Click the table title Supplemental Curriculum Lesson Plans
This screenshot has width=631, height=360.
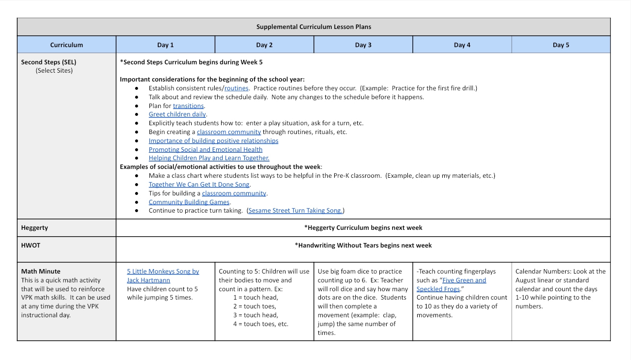point(314,27)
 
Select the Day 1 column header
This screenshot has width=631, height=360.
point(165,45)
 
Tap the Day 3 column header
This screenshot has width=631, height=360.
point(363,45)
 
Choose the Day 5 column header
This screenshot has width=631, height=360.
point(561,45)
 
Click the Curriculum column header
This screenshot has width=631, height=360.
point(66,45)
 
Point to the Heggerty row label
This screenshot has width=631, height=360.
point(34,228)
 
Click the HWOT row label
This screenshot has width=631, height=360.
point(30,245)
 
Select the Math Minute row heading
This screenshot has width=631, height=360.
point(41,271)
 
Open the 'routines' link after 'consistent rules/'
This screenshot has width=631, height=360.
point(236,88)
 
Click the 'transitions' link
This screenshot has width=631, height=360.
point(188,106)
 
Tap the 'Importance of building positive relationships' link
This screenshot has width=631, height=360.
point(213,141)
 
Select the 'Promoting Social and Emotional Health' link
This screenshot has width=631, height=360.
point(205,150)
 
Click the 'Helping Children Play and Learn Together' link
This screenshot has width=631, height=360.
point(209,158)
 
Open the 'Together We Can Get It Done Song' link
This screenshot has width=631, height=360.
point(199,185)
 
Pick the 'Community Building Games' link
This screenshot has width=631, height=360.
point(189,202)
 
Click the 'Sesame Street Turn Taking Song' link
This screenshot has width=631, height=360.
point(295,211)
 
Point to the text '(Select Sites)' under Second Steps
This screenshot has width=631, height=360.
point(54,71)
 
